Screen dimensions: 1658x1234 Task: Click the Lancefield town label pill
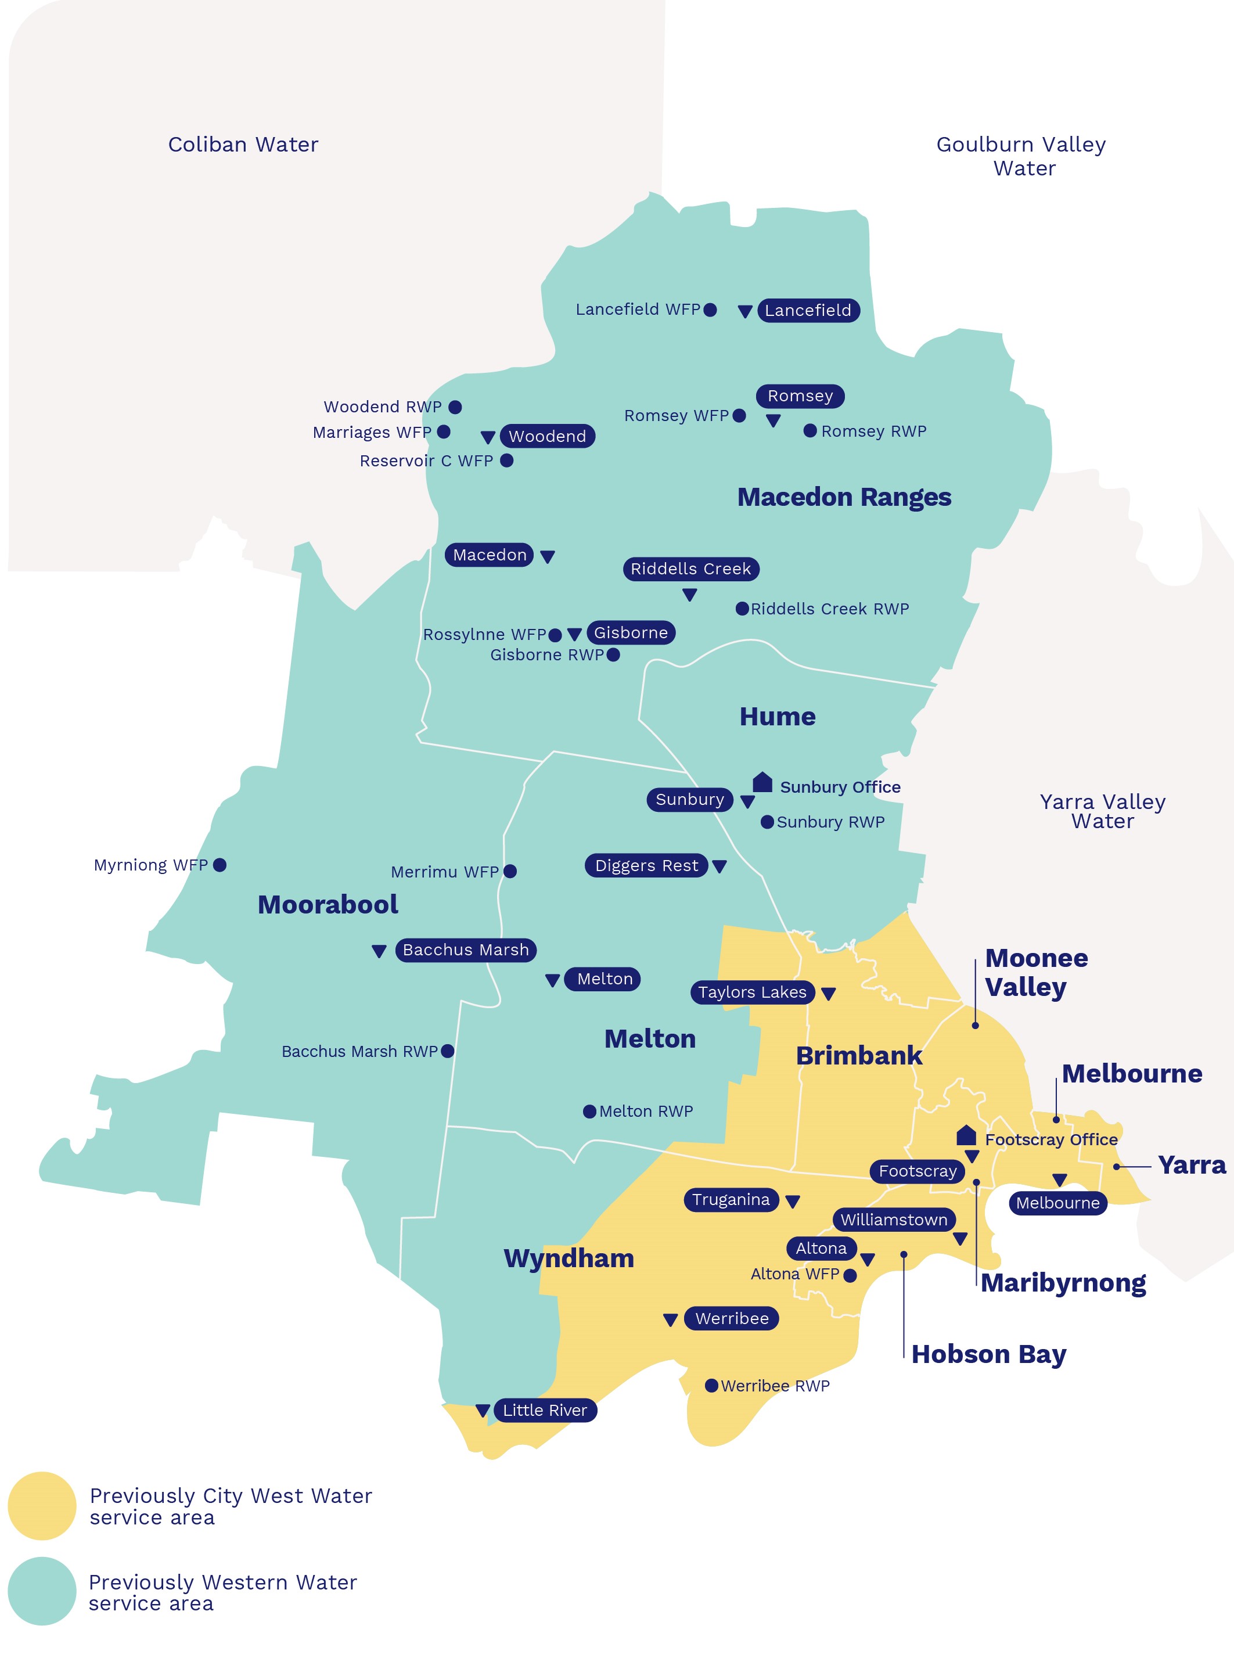click(x=808, y=310)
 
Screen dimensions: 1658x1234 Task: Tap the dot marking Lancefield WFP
click(x=710, y=309)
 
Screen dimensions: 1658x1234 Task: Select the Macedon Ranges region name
click(x=844, y=497)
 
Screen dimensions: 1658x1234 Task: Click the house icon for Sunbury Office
click(x=762, y=782)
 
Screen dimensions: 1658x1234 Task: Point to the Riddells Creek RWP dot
click(x=742, y=609)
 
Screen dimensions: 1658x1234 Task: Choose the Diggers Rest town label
click(x=646, y=866)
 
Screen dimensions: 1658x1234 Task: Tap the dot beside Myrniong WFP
click(x=220, y=865)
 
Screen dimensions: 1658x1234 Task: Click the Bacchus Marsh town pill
click(x=465, y=950)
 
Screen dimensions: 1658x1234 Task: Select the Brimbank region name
click(x=859, y=1055)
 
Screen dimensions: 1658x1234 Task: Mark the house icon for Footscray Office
click(x=966, y=1136)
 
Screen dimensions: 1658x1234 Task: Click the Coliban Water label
click(x=243, y=144)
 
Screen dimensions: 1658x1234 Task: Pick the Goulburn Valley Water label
click(x=1022, y=156)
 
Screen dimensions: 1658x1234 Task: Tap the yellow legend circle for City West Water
click(x=42, y=1506)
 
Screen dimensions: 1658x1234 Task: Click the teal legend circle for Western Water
click(x=42, y=1591)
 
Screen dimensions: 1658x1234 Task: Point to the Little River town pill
click(x=545, y=1410)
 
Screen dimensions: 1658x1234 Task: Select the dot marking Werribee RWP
click(x=712, y=1386)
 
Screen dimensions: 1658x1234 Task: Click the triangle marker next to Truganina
click(x=793, y=1202)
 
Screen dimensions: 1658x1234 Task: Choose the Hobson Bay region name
click(x=989, y=1354)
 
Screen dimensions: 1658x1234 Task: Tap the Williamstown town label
click(x=893, y=1220)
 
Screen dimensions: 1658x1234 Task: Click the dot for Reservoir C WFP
click(x=506, y=460)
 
